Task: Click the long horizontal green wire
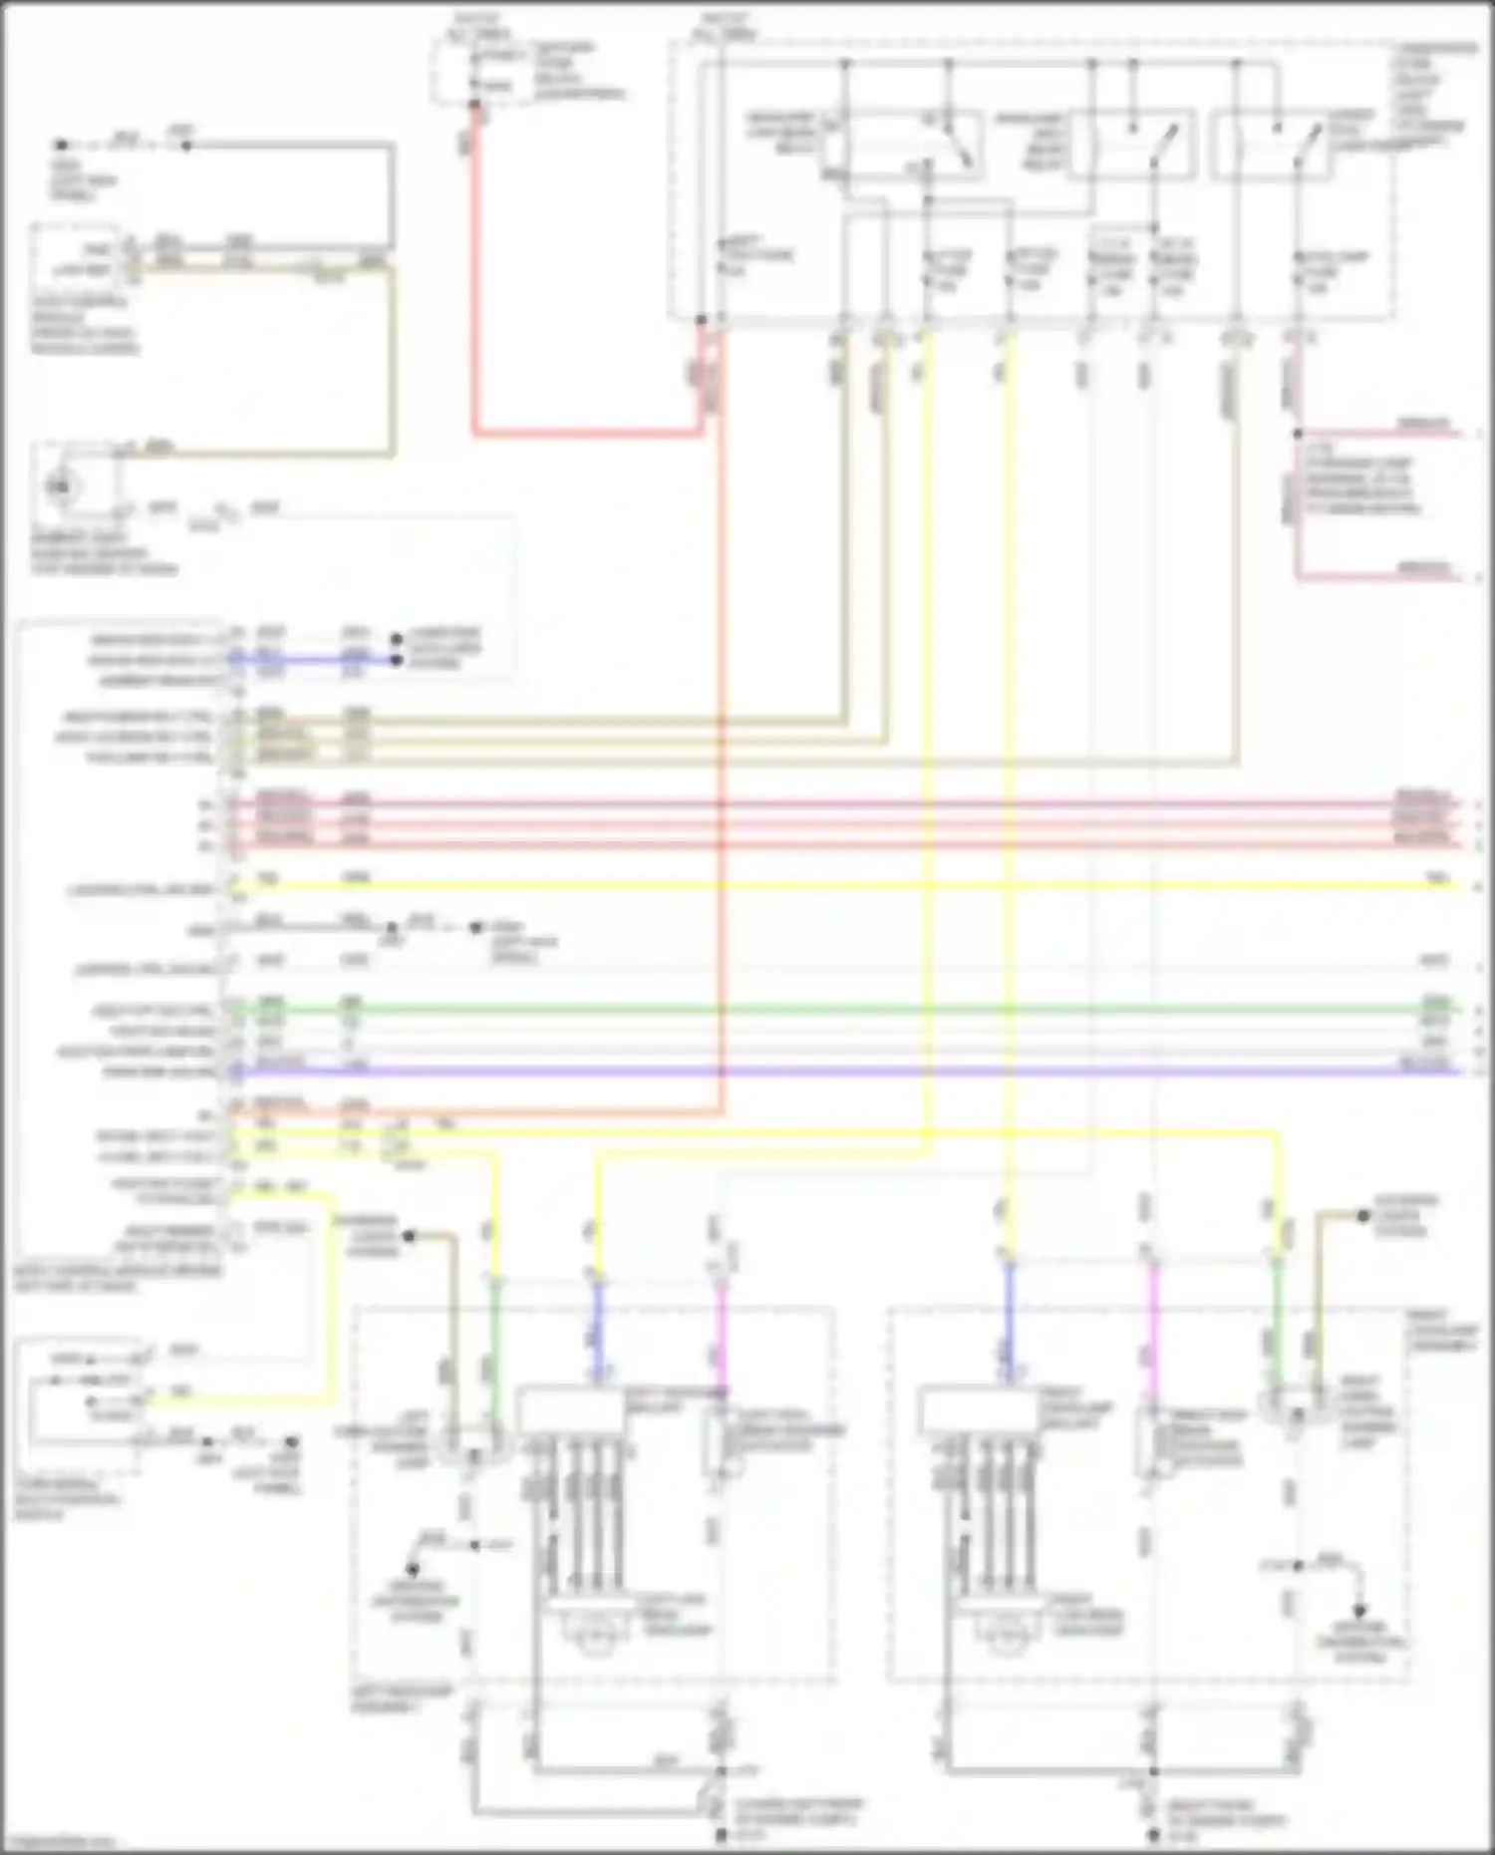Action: [x=847, y=1010]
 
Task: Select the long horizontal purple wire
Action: [x=847, y=1072]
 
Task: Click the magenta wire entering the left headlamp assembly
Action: [x=721, y=1336]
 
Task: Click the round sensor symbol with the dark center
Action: [x=62, y=486]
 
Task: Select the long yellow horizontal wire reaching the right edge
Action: [x=847, y=886]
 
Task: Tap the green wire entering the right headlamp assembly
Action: [x=1277, y=1326]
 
